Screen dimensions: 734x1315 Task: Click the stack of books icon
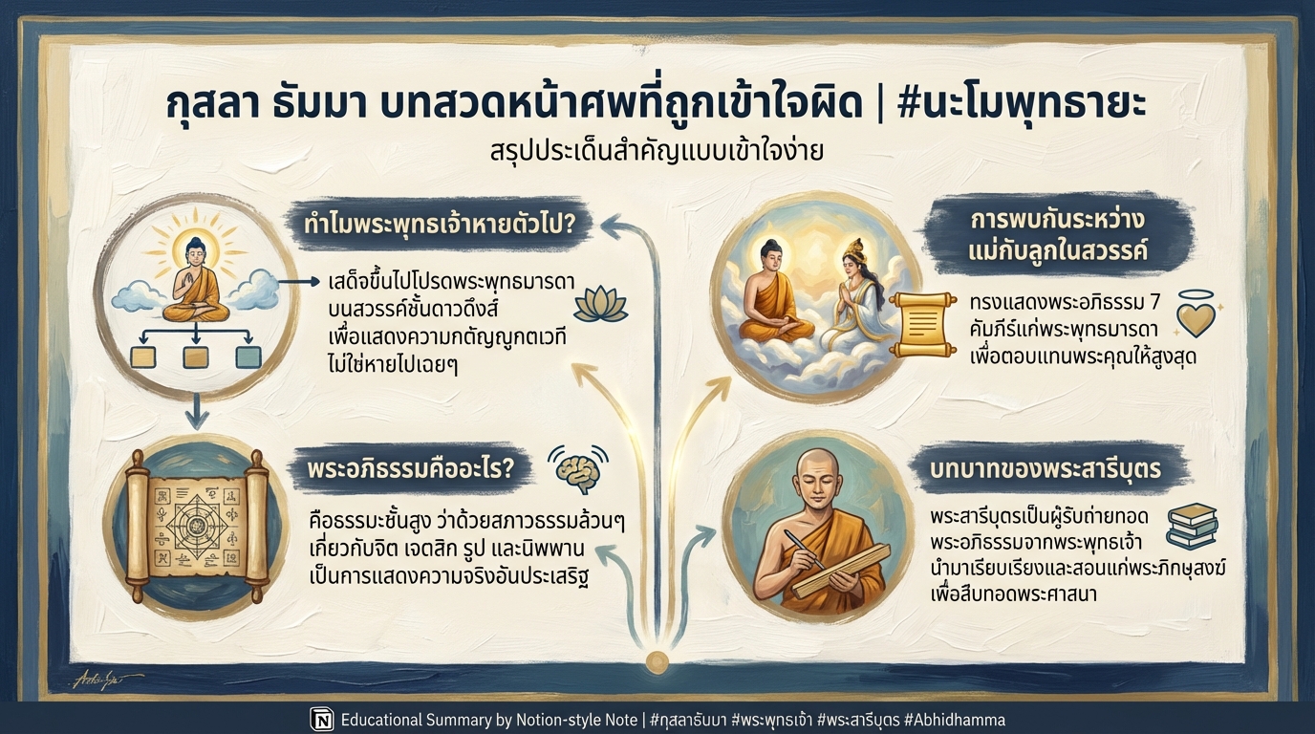pyautogui.click(x=1192, y=527)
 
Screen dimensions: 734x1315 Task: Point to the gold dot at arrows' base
pyautogui.click(x=657, y=660)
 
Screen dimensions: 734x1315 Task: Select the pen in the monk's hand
pyautogui.click(x=800, y=550)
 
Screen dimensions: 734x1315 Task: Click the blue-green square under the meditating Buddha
pyautogui.click(x=248, y=357)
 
